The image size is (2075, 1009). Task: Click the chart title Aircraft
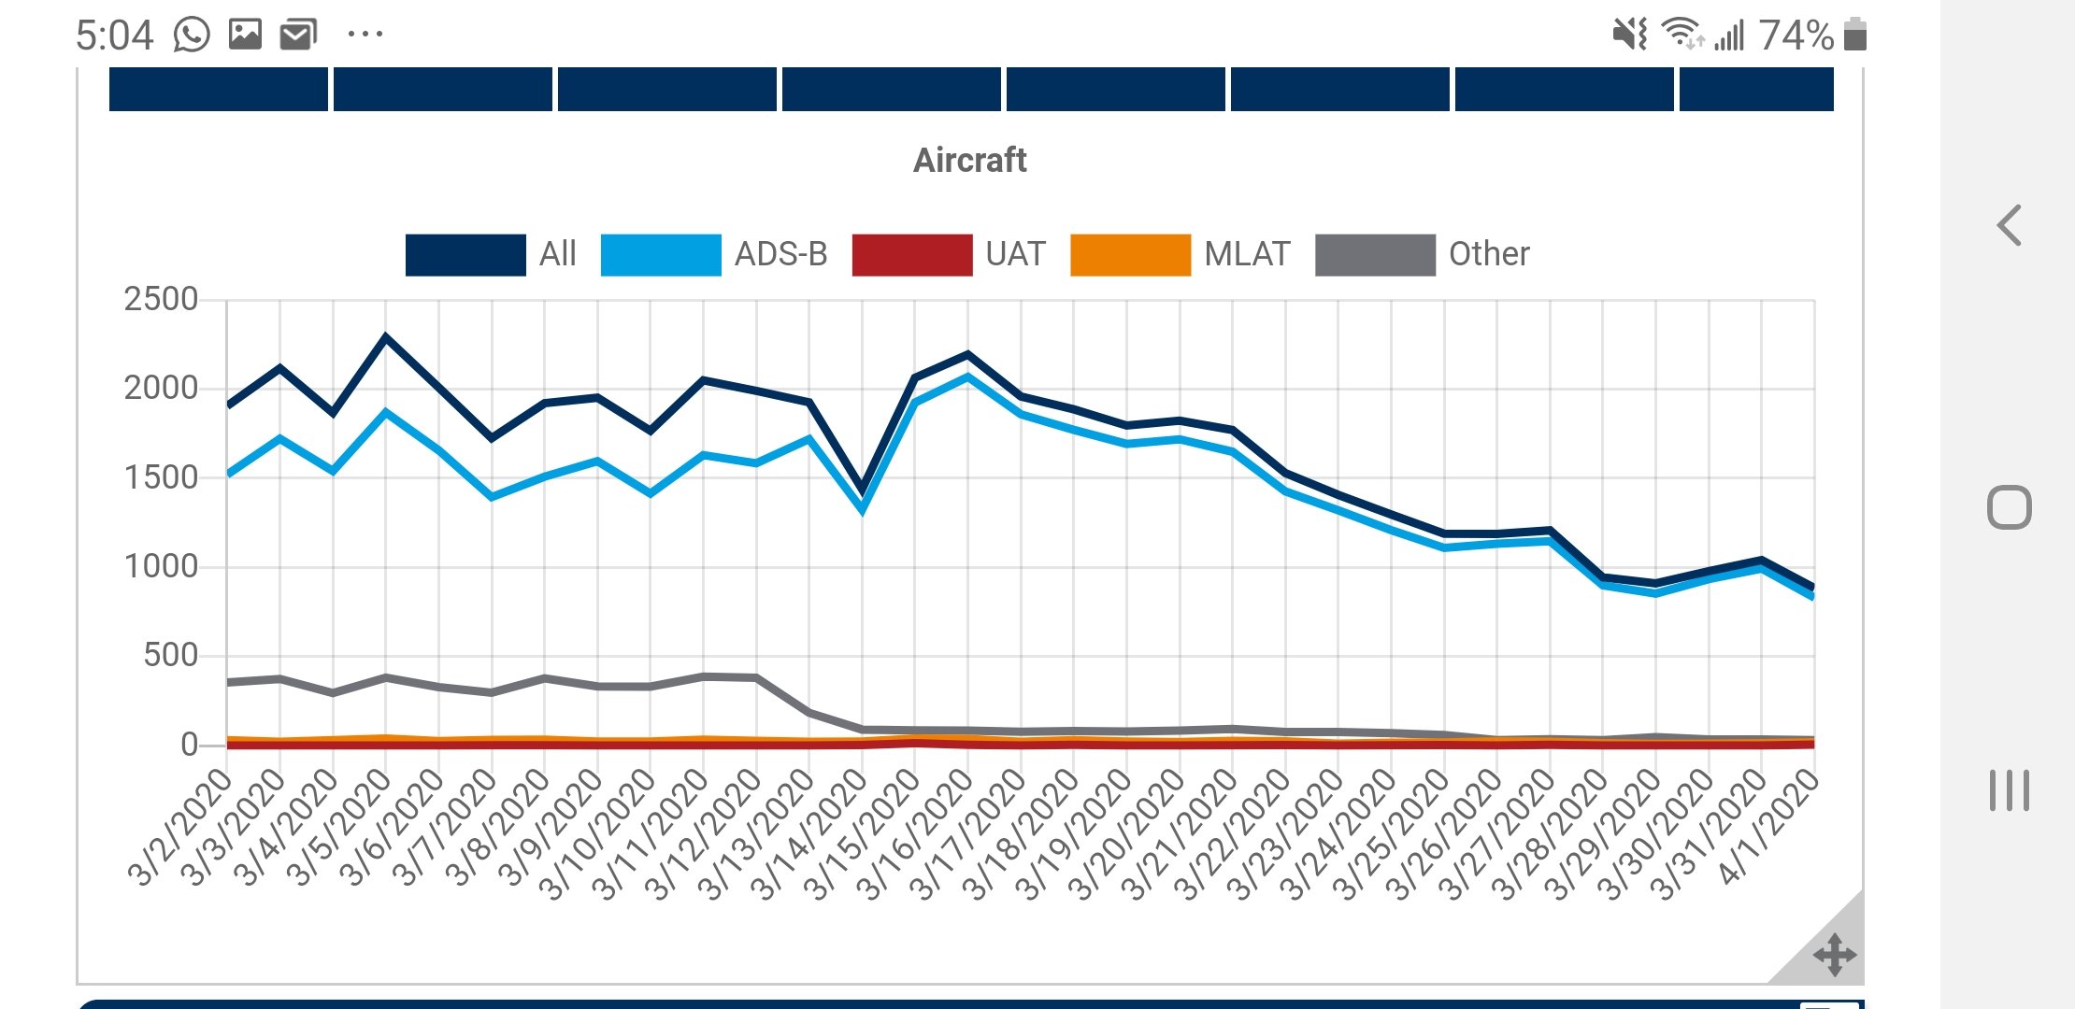(x=969, y=161)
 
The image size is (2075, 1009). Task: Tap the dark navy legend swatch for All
(x=465, y=255)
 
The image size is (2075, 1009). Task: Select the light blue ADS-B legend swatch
(x=661, y=255)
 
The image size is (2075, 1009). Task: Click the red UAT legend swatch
(x=912, y=255)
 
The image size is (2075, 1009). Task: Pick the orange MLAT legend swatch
(x=1130, y=255)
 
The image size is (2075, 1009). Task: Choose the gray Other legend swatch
(x=1375, y=255)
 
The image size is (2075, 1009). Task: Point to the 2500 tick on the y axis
(x=161, y=300)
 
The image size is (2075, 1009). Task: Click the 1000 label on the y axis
(x=161, y=566)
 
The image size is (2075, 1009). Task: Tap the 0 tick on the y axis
(x=190, y=745)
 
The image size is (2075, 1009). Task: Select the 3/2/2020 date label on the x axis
(x=179, y=828)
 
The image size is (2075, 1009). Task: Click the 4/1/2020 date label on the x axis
(x=1768, y=828)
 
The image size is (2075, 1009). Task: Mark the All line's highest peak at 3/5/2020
(x=386, y=336)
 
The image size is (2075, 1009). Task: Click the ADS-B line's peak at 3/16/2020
(x=967, y=377)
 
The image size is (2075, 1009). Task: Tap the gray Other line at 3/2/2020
(x=229, y=682)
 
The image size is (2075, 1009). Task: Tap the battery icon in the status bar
(x=1855, y=35)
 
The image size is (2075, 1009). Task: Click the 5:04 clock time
(x=114, y=36)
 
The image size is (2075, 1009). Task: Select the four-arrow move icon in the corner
(x=1834, y=955)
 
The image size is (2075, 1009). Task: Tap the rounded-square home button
(x=2009, y=508)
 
